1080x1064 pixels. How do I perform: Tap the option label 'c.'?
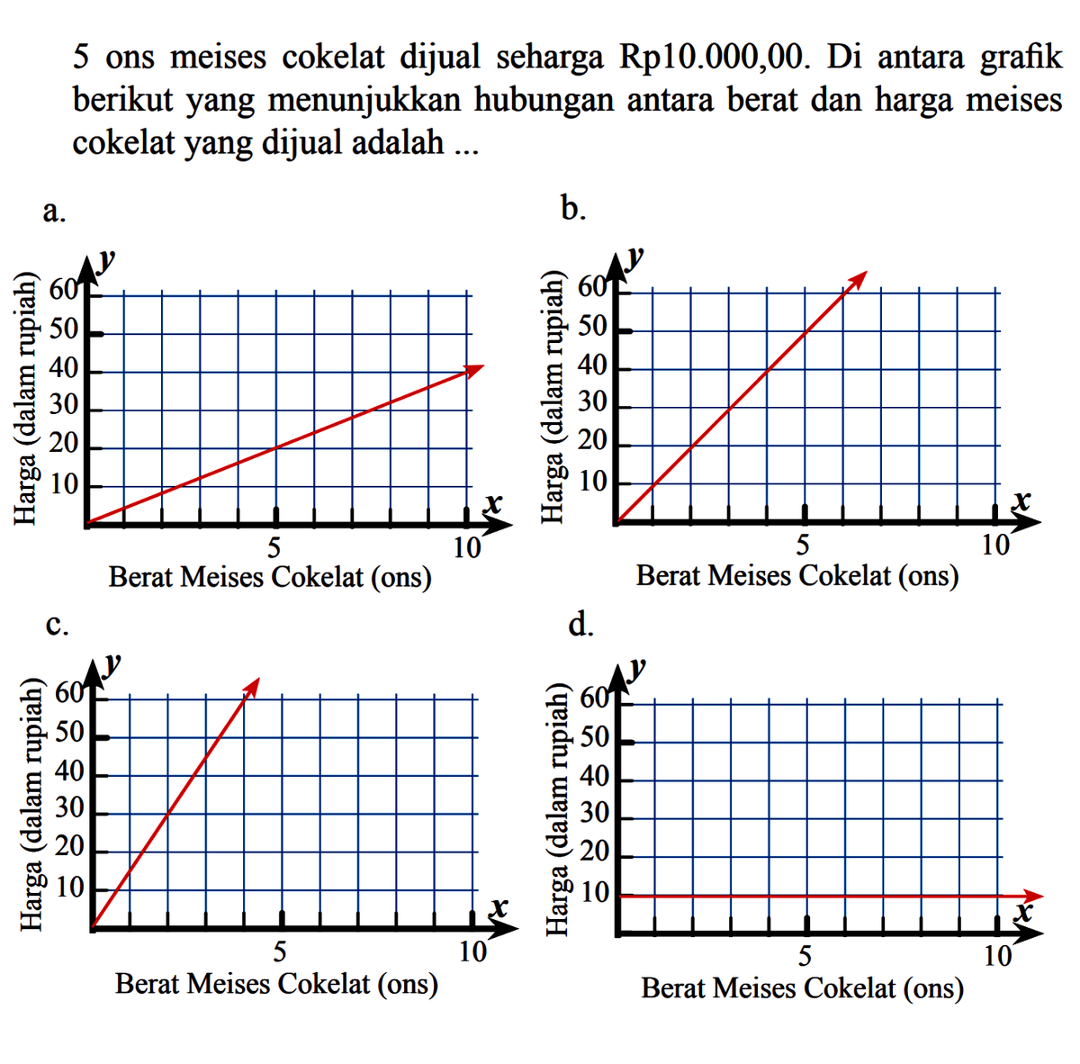click(56, 625)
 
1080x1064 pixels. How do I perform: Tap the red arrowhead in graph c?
click(251, 686)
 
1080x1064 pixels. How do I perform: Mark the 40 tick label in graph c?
click(69, 772)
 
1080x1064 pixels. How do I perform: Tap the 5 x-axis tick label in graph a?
click(274, 546)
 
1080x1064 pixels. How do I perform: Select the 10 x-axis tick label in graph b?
click(994, 545)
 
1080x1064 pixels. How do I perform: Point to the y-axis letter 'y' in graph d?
click(638, 667)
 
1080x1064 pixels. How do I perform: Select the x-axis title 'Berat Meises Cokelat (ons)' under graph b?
click(797, 575)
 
